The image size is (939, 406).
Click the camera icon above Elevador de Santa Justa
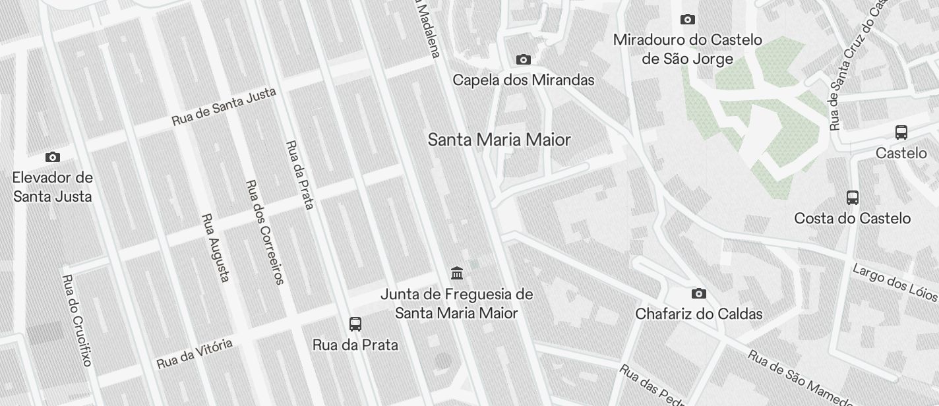(53, 157)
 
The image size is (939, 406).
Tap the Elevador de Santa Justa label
(53, 187)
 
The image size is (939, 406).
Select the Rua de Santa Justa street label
(224, 107)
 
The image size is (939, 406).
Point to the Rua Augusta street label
(216, 247)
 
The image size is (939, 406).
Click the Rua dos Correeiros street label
(264, 232)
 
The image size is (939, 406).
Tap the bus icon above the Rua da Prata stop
(355, 324)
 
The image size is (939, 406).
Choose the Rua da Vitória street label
(195, 353)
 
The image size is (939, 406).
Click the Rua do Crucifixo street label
(76, 320)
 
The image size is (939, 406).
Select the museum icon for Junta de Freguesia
(456, 273)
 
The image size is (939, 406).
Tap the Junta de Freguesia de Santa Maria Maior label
(456, 303)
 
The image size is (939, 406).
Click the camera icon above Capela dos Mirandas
(523, 60)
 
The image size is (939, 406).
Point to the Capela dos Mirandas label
(523, 80)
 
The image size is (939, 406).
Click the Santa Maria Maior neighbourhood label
(499, 140)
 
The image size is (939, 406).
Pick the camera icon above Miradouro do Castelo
(687, 19)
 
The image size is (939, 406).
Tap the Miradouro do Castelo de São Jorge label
(687, 49)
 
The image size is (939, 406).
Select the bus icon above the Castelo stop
(901, 132)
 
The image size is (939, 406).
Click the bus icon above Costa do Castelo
(852, 197)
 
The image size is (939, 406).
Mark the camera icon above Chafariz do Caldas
(698, 293)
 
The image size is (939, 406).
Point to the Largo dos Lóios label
(895, 281)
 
